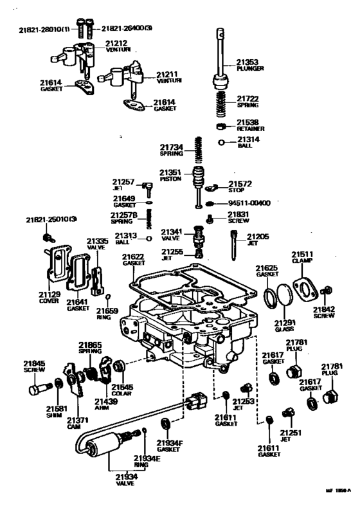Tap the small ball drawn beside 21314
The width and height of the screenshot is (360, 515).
click(x=222, y=143)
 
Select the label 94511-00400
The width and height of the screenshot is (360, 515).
click(x=249, y=203)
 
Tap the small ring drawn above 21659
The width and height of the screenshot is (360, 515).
click(x=109, y=296)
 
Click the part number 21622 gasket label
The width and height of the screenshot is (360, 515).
click(x=135, y=257)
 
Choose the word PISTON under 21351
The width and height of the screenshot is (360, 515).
click(x=170, y=179)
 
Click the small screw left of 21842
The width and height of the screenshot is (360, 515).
click(x=327, y=291)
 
